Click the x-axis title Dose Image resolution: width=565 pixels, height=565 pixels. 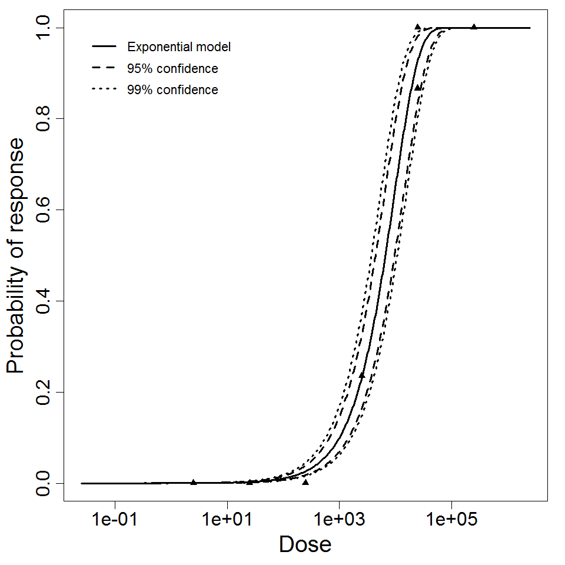pyautogui.click(x=305, y=545)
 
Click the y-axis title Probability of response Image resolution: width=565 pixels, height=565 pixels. pyautogui.click(x=16, y=255)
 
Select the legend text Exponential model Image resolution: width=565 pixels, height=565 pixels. pyautogui.click(x=179, y=47)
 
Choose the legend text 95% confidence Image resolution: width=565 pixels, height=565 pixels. pyautogui.click(x=172, y=69)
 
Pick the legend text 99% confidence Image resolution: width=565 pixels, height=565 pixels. pyautogui.click(x=172, y=90)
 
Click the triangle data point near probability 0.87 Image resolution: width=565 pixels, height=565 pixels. pyautogui.click(x=418, y=87)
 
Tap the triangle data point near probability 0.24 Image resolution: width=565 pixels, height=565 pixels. pyautogui.click(x=362, y=375)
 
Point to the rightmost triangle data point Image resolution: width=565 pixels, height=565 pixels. pyautogui.click(x=474, y=26)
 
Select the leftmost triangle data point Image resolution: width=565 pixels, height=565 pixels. pyautogui.click(x=194, y=482)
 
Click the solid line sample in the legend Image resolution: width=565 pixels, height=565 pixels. pyautogui.click(x=104, y=47)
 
